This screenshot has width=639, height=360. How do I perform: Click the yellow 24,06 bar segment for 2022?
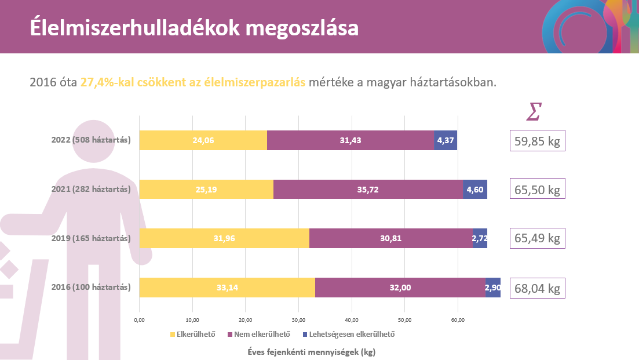pyautogui.click(x=203, y=140)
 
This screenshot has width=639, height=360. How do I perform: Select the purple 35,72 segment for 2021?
pyautogui.click(x=368, y=190)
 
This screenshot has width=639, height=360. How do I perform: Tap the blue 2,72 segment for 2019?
pyautogui.click(x=480, y=238)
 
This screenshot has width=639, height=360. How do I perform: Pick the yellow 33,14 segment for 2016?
pyautogui.click(x=227, y=287)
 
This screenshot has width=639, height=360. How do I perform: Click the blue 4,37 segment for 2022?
pyautogui.click(x=446, y=140)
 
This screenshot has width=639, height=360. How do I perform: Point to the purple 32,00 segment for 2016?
pyautogui.click(x=400, y=287)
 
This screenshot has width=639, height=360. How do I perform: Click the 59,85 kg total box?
pyautogui.click(x=537, y=141)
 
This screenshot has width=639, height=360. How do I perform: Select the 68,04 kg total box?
pyautogui.click(x=537, y=288)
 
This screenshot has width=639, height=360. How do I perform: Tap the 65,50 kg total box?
pyautogui.click(x=537, y=190)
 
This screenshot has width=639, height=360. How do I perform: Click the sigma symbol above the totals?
pyautogui.click(x=534, y=111)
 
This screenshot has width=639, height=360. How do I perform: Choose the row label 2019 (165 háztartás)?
pyautogui.click(x=91, y=238)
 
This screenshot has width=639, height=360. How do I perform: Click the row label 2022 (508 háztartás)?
pyautogui.click(x=91, y=140)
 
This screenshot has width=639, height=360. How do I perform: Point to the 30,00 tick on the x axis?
pyautogui.click(x=298, y=319)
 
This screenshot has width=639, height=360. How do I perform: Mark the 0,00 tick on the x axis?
pyautogui.click(x=139, y=319)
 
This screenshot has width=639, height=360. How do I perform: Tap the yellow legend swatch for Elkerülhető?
pyautogui.click(x=171, y=334)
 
